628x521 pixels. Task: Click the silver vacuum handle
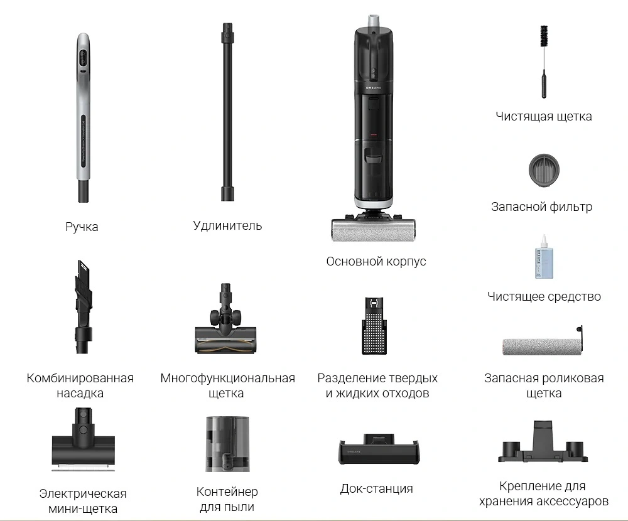(x=83, y=116)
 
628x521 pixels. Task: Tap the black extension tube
(x=227, y=112)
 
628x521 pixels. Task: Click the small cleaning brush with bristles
(x=543, y=62)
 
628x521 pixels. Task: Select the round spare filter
(x=543, y=170)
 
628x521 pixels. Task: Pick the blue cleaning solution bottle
(x=544, y=257)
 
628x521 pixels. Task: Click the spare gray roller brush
(x=543, y=345)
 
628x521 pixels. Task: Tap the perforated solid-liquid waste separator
(x=374, y=326)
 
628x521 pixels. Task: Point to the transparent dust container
(x=227, y=444)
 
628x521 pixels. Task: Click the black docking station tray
(x=379, y=449)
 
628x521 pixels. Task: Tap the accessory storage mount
(x=543, y=442)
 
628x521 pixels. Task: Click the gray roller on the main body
(x=373, y=230)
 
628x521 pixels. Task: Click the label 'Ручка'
(x=82, y=227)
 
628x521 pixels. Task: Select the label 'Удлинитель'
(x=227, y=225)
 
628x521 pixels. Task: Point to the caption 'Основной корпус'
(x=376, y=261)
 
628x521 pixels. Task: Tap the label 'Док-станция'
(x=376, y=488)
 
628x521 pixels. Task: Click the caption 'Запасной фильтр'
(x=541, y=207)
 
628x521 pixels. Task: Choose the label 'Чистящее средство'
(x=544, y=296)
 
